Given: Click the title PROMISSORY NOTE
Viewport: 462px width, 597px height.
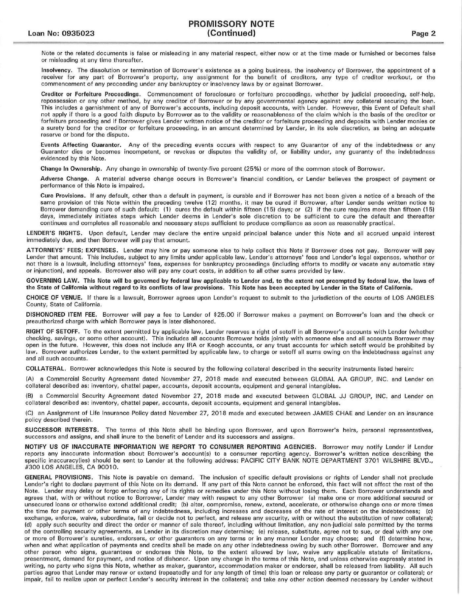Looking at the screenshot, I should [231, 24].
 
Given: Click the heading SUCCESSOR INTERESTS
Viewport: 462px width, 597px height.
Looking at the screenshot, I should [61, 430].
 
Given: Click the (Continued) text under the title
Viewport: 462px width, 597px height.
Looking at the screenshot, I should [231, 33].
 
